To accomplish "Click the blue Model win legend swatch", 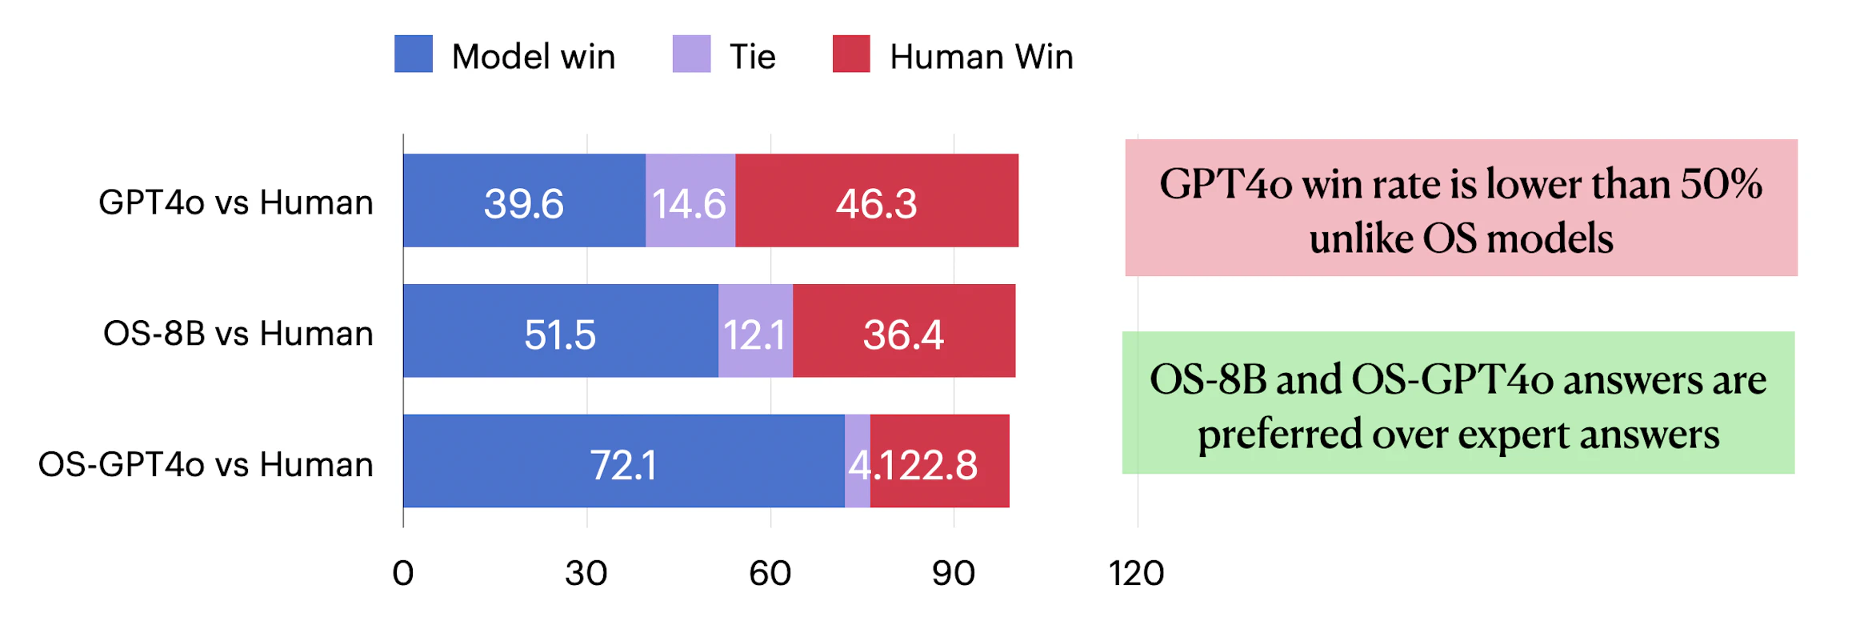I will point(413,54).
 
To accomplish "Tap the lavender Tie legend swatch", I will point(691,54).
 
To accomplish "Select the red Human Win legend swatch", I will point(850,54).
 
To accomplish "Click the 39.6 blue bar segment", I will point(524,201).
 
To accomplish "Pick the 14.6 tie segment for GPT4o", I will point(690,201).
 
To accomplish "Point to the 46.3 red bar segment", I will point(876,201).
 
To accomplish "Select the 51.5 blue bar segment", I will point(560,331).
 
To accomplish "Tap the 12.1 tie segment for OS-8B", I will point(754,331).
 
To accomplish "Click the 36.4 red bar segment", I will point(903,331).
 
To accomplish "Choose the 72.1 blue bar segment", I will point(623,462).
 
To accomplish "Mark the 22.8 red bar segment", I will point(939,462).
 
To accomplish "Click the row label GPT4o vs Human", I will point(236,202).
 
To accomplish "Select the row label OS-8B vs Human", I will point(238,333).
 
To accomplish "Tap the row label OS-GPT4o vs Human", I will point(206,464).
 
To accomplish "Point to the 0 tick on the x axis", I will point(403,573).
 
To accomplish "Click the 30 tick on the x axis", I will point(586,573).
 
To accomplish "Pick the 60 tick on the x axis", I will point(770,573).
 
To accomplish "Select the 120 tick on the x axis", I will point(1136,573).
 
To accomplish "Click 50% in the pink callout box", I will point(1721,184).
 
